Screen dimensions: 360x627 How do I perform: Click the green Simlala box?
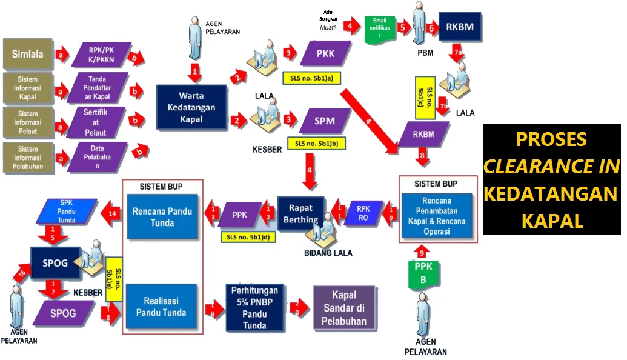coord(28,53)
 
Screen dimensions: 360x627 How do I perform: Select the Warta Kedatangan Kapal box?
coord(191,107)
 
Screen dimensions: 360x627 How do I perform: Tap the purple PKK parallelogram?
coord(325,54)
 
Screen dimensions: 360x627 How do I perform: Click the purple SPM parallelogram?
coord(325,121)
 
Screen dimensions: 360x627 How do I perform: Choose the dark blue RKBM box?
coord(460,27)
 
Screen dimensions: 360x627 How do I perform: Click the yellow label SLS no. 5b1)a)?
coord(312,78)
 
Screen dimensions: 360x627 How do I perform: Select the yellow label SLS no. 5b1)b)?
coord(317,144)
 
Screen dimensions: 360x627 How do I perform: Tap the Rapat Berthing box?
coord(302,212)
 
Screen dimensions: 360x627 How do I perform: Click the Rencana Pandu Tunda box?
coord(162,216)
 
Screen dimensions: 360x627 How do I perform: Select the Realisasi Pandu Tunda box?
coord(161,307)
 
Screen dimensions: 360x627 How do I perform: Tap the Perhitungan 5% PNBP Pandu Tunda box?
coord(254,307)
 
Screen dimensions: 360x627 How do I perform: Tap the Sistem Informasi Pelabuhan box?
coord(28,157)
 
